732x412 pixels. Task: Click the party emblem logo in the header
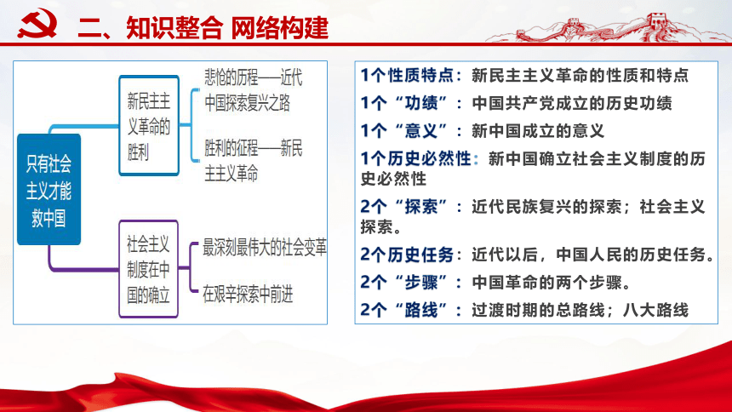[37, 26]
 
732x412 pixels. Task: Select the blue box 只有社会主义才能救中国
[49, 190]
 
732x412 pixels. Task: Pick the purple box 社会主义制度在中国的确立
[148, 267]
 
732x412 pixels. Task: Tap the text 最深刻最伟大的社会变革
[265, 249]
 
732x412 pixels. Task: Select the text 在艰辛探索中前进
[248, 295]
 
